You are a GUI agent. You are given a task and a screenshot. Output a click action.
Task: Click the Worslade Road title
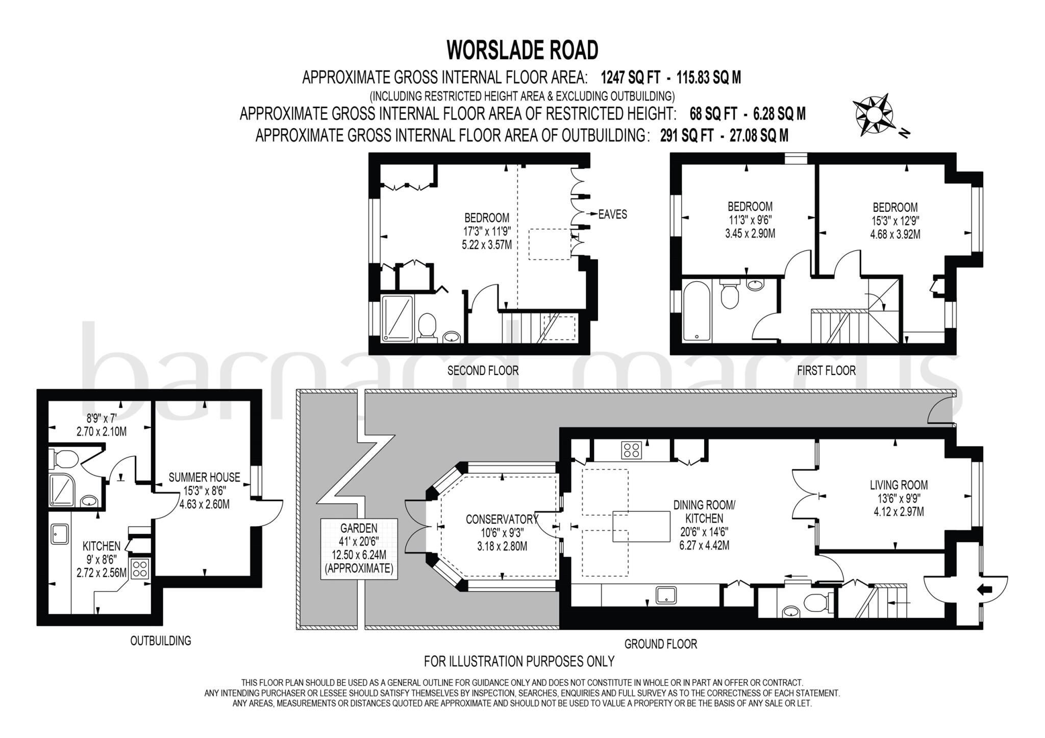point(522,51)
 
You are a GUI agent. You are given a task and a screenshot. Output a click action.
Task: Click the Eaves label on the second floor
point(612,214)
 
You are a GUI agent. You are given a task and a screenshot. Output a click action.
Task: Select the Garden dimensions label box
point(359,548)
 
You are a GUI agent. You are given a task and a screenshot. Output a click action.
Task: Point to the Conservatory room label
point(502,520)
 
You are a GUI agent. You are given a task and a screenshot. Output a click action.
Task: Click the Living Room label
point(899,485)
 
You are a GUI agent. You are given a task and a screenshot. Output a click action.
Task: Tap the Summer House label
point(204,478)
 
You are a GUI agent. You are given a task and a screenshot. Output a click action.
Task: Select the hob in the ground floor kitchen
point(631,450)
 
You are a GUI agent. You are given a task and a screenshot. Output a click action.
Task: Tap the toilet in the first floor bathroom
point(729,296)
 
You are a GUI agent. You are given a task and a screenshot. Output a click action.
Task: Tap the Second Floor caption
point(483,371)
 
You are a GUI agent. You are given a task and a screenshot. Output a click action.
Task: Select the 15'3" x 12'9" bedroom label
point(895,220)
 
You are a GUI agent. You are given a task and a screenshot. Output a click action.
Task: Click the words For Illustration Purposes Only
point(519,661)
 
